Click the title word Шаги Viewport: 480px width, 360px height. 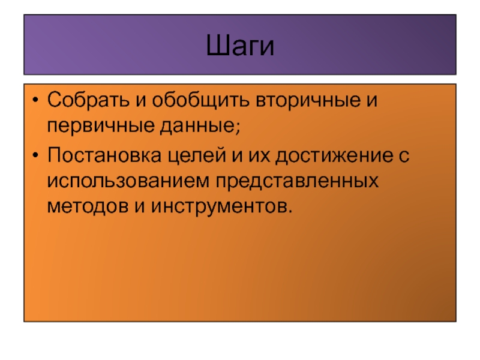point(240,46)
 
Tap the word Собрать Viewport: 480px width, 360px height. point(88,100)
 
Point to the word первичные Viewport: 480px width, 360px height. point(101,125)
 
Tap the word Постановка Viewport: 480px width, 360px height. point(104,155)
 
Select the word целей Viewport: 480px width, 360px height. point(197,155)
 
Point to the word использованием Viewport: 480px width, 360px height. point(128,181)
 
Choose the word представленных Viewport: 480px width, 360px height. point(297,181)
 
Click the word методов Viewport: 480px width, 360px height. point(88,206)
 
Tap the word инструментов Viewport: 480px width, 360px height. point(218,206)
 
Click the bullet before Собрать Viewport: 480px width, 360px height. point(35,100)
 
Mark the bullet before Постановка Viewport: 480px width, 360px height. point(35,155)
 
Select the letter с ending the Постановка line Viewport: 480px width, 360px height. point(404,156)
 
